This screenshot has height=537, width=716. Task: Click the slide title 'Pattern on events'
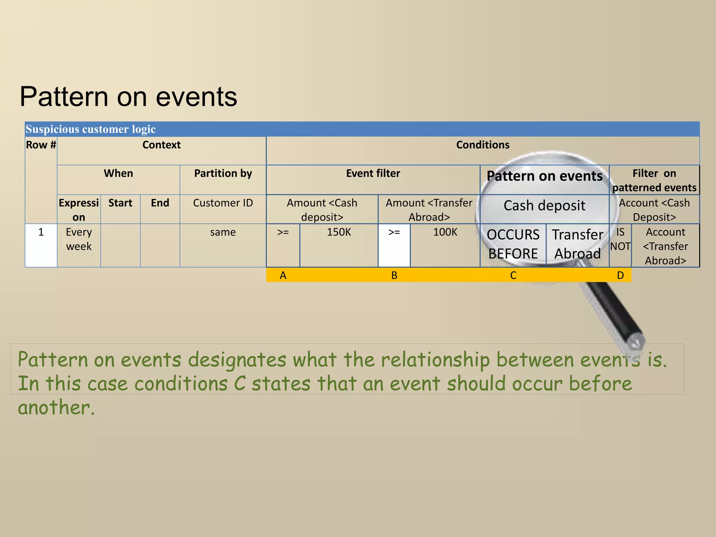tap(128, 97)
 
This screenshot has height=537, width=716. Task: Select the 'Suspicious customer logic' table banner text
tap(91, 129)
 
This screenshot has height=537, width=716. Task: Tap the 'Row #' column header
tap(41, 145)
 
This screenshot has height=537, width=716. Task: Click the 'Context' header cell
tap(161, 145)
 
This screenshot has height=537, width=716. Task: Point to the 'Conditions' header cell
tap(482, 145)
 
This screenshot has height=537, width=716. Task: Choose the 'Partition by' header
tap(223, 174)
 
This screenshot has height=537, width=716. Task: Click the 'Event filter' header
tap(373, 174)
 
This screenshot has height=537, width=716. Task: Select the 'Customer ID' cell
tap(223, 203)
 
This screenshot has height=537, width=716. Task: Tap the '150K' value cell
tap(339, 232)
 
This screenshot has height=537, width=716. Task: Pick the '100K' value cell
tap(445, 232)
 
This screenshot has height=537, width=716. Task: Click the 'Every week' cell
tap(79, 239)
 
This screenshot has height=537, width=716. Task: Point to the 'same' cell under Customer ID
tap(223, 232)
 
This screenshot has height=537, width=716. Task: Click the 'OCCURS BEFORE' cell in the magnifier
tap(513, 244)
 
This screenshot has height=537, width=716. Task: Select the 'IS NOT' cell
tap(620, 239)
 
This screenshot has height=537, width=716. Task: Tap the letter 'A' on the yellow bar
tap(283, 275)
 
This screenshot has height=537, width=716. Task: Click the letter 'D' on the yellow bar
tap(620, 275)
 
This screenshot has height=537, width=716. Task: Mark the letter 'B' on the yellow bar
tap(394, 275)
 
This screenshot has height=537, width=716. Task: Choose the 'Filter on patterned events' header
tap(654, 181)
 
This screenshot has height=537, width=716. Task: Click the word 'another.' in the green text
tap(56, 408)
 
